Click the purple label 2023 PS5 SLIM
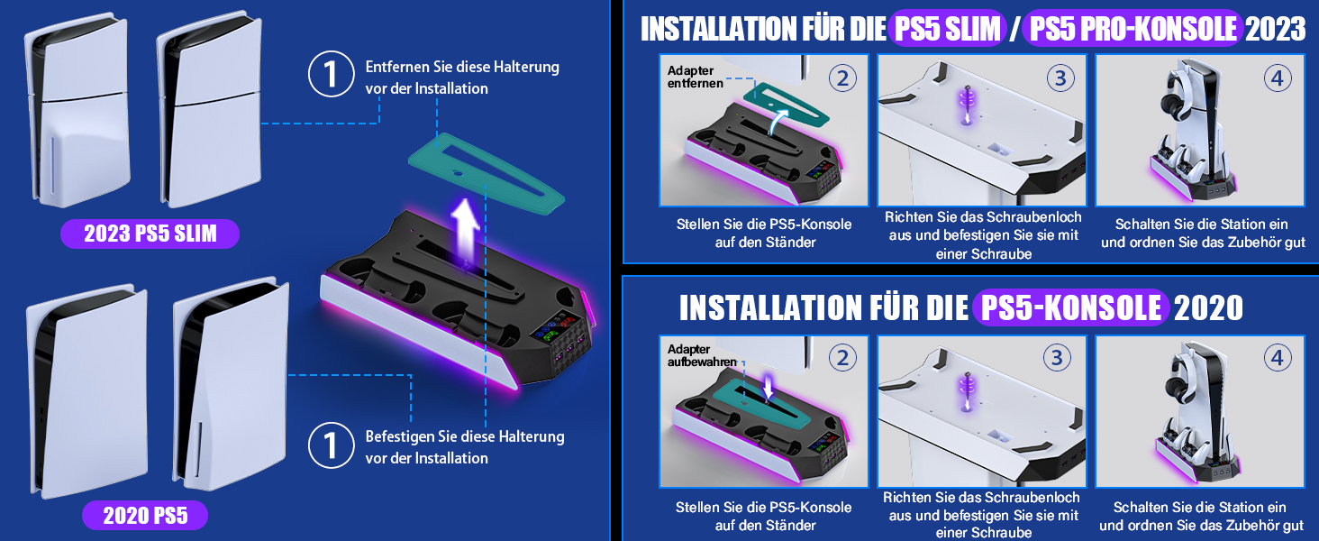point(150,234)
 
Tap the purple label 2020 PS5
point(144,516)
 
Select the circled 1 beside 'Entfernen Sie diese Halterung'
point(331,75)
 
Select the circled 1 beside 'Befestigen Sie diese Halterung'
point(331,445)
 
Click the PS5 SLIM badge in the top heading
point(946,29)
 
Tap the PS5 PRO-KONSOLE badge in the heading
point(1133,29)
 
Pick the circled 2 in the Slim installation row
point(841,78)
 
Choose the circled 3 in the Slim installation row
point(1060,78)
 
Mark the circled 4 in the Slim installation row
point(1277,78)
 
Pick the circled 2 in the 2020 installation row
point(841,357)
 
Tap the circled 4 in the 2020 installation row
point(1277,357)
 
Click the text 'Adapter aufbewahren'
point(701,355)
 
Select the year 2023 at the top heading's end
point(1275,29)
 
